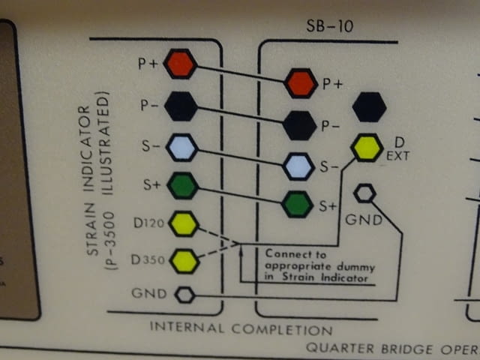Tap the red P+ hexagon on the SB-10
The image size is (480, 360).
coord(301,82)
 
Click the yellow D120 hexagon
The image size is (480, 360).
coord(183,223)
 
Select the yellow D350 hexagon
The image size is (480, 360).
coord(183,260)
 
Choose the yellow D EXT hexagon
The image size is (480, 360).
coord(367,147)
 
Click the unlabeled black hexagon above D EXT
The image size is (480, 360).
coord(369,107)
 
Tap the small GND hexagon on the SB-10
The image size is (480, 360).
coord(364,194)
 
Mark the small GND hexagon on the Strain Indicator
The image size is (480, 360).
coord(184,295)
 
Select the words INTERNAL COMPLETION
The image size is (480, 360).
coord(241,328)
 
